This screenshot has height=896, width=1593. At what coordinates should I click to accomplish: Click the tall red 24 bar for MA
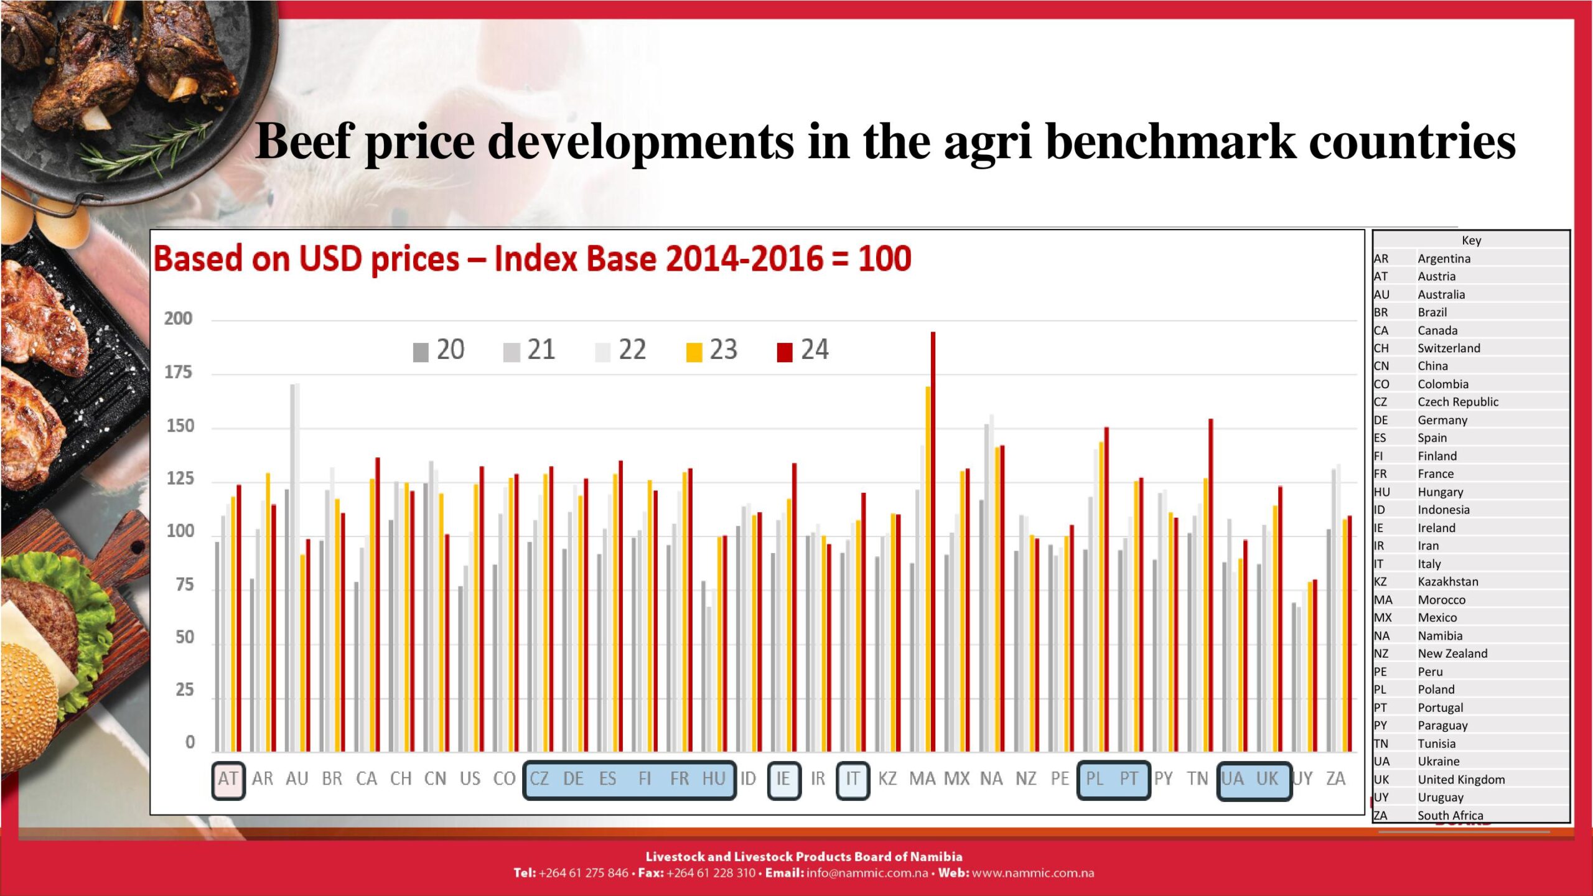click(x=933, y=541)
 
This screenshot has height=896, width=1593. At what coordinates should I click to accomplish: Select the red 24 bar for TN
click(x=1210, y=585)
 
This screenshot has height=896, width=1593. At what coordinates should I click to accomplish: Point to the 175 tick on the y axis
click(x=178, y=373)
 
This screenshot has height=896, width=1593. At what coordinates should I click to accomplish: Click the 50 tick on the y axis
click(x=184, y=638)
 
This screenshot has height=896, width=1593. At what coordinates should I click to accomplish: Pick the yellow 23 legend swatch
click(x=694, y=352)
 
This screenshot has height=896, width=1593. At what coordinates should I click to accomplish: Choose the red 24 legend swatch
click(x=785, y=352)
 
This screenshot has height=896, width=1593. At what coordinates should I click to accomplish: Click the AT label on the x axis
click(x=228, y=779)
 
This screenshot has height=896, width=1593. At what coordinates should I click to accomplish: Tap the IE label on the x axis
click(x=783, y=779)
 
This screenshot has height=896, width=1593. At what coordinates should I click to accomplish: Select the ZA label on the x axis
click(x=1335, y=779)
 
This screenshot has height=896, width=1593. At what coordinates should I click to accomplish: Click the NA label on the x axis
click(x=991, y=779)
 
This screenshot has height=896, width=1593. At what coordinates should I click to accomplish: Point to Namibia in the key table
click(x=1440, y=636)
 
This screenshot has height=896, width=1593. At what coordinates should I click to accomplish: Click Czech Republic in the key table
click(x=1457, y=402)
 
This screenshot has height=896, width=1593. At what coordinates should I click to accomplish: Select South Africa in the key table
click(x=1450, y=815)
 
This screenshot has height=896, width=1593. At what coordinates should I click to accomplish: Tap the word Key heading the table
click(x=1471, y=241)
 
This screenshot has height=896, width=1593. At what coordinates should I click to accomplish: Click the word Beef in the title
click(x=305, y=141)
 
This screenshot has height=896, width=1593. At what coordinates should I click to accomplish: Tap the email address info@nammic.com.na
click(x=867, y=873)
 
